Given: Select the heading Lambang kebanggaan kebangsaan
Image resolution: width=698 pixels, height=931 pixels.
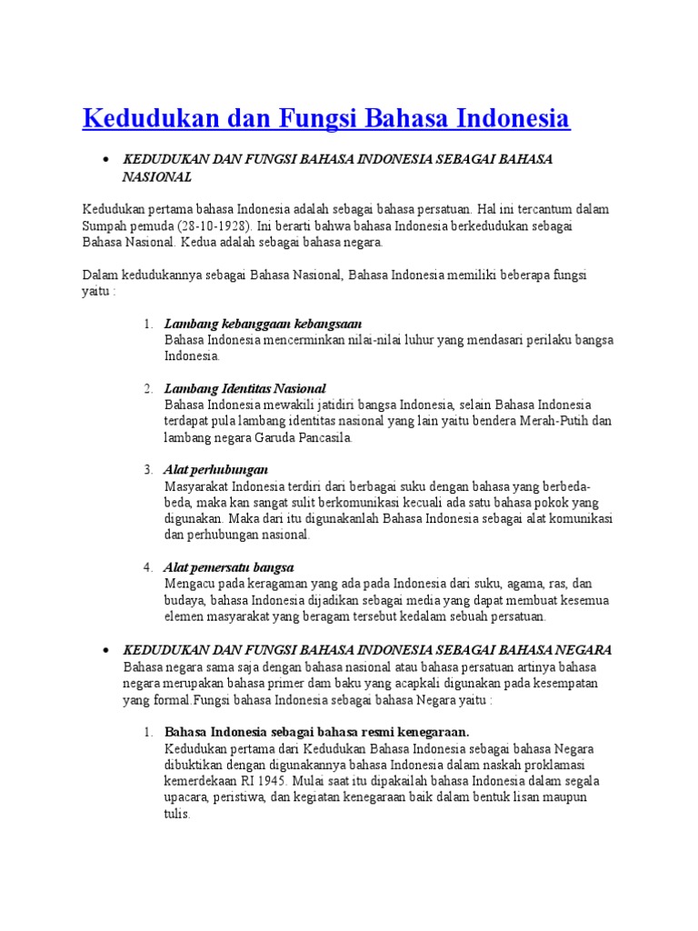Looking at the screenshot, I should click(263, 324).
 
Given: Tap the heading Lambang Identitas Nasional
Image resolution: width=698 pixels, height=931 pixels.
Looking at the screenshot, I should click(244, 388).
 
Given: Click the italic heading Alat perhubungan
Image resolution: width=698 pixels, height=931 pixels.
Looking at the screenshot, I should click(216, 470).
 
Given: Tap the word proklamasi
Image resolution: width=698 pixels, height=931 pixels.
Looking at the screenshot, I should click(562, 765).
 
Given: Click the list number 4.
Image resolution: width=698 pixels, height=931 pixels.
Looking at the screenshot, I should click(147, 567).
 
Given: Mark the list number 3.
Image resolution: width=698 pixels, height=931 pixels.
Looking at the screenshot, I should click(147, 470).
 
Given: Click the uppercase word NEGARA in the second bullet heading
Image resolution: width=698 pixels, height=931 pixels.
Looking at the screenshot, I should click(583, 650).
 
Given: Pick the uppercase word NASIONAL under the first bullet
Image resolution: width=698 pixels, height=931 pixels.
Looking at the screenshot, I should click(157, 176).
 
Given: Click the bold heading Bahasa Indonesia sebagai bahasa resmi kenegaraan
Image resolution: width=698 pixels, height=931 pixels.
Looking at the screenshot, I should click(317, 732).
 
